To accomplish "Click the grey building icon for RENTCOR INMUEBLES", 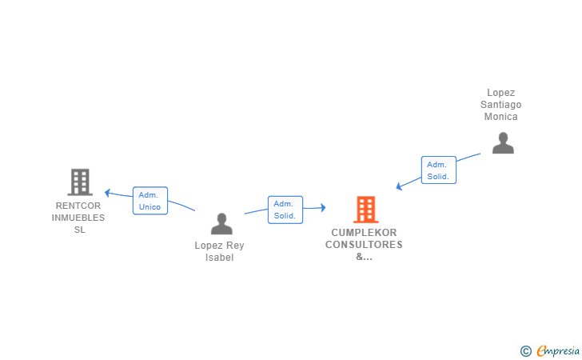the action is click(x=80, y=182).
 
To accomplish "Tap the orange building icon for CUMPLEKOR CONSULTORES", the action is click(x=365, y=210).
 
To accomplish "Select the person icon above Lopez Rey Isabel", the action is click(x=221, y=224).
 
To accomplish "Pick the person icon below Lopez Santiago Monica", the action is click(x=502, y=143).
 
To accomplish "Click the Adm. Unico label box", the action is click(x=149, y=201).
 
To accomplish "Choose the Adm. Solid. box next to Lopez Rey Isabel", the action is click(x=285, y=210).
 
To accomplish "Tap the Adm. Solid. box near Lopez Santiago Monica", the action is click(x=438, y=170).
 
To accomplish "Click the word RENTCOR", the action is click(x=78, y=205).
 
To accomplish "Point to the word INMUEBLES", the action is click(x=78, y=218).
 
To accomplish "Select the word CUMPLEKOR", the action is click(x=364, y=233).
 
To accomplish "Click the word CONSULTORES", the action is click(x=364, y=245).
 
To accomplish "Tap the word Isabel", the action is click(x=219, y=258).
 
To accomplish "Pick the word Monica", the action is click(x=501, y=117).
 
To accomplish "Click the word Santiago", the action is click(x=501, y=105).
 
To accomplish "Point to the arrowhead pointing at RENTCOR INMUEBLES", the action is click(x=108, y=192).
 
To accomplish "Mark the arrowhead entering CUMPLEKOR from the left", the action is click(x=322, y=208).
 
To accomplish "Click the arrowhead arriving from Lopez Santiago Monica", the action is click(x=399, y=187).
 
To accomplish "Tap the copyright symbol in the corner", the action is click(x=525, y=350).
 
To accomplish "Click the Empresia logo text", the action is click(x=557, y=350).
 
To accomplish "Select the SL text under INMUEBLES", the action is click(x=78, y=230).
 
